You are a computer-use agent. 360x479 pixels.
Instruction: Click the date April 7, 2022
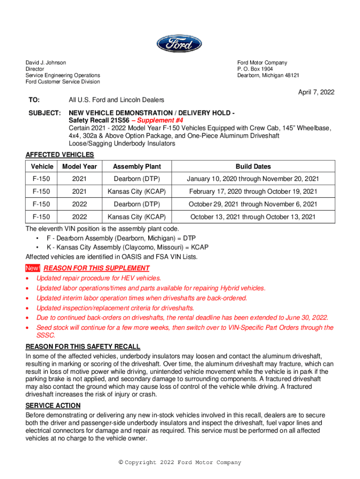[x=317, y=92]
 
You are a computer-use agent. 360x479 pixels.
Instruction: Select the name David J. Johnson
[x=46, y=63]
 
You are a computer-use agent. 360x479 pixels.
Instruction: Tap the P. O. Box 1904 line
[x=255, y=69]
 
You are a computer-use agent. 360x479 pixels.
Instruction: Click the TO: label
[x=35, y=100]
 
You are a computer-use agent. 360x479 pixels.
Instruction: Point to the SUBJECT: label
[x=43, y=113]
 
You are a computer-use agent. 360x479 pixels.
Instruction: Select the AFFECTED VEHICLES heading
[x=59, y=155]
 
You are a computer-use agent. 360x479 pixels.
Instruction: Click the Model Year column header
[x=79, y=167]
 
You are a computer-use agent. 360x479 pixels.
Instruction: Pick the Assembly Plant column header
[x=137, y=167]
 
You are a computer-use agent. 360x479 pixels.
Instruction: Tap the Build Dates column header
[x=253, y=167]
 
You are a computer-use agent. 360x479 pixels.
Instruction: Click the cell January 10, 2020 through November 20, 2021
[x=253, y=179]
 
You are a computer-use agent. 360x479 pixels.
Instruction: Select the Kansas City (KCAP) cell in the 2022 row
[x=137, y=217]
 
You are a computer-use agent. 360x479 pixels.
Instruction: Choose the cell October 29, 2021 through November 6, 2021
[x=253, y=204]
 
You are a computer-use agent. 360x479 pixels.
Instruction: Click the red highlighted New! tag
[x=33, y=268]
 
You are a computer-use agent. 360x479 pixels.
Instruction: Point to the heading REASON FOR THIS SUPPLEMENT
[x=96, y=268]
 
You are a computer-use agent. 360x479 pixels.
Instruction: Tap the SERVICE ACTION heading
[x=53, y=406]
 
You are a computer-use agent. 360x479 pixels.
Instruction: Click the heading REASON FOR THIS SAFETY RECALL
[x=83, y=347]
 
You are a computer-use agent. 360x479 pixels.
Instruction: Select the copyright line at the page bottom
[x=180, y=463]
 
